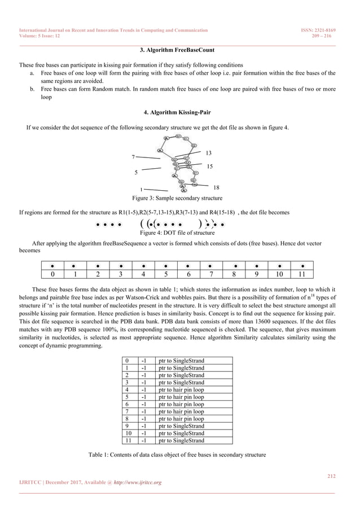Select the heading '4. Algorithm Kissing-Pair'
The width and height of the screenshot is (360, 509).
tap(179, 112)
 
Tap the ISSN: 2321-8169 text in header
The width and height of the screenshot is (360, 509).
tap(318, 30)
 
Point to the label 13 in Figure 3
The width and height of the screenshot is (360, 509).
tap(208, 153)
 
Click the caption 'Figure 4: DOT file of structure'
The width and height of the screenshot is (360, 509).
tap(177, 232)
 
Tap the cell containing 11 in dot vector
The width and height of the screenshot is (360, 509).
tap(302, 275)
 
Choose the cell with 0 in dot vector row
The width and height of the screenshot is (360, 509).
tap(52, 275)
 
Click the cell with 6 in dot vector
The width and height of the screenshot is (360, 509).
tap(188, 275)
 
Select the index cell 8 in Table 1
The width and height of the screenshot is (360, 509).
tap(128, 419)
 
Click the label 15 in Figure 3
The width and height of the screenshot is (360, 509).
tap(210, 166)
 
